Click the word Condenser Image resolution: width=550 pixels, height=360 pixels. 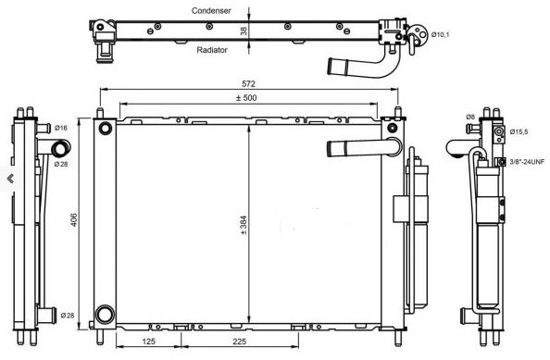211,11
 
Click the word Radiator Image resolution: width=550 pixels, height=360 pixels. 212,50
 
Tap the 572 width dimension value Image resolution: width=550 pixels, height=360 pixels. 248,84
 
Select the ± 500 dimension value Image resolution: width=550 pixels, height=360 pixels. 246,98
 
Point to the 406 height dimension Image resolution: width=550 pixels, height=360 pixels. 74,219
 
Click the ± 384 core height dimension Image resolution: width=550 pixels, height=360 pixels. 244,225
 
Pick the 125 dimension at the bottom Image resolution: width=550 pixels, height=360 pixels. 149,341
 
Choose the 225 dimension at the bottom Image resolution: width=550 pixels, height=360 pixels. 239,341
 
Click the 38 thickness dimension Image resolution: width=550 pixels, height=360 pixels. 244,31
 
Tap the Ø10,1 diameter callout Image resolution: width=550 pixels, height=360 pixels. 440,34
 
